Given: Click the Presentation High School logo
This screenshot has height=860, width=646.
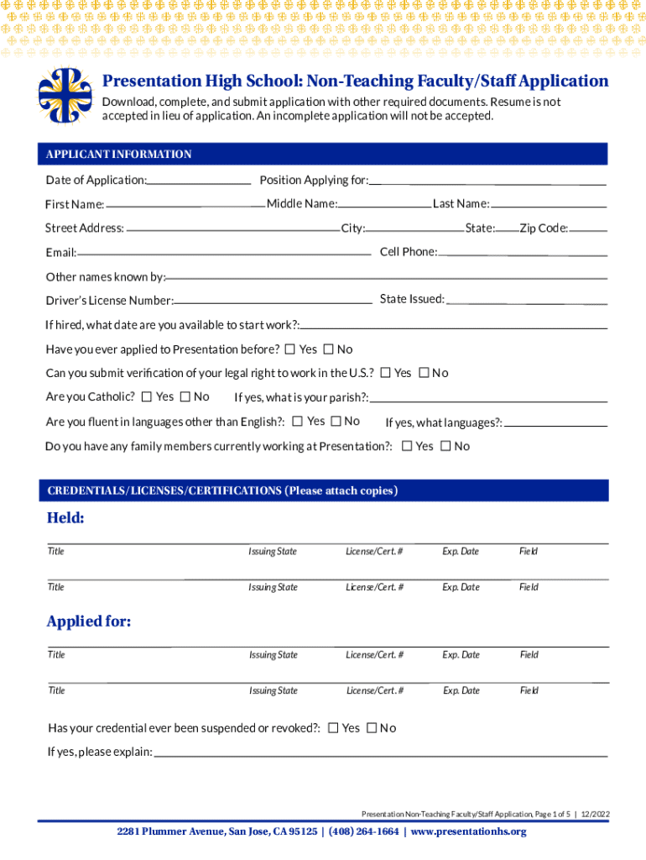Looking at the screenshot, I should (x=65, y=95).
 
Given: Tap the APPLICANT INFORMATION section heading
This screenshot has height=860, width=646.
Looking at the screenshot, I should (x=118, y=155).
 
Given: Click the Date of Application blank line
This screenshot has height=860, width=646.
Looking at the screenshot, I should (x=199, y=181).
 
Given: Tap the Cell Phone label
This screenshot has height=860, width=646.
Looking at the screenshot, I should (x=408, y=252).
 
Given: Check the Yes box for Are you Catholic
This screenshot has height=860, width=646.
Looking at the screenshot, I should (x=148, y=396).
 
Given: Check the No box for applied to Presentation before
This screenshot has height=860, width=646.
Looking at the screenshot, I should (x=329, y=349).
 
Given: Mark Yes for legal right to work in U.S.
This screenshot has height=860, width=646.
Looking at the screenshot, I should (x=385, y=373).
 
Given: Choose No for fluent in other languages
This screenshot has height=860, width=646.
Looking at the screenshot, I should (x=336, y=422).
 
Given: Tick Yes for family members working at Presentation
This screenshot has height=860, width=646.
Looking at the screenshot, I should (x=407, y=446).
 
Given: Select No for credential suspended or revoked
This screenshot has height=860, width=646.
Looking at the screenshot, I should (x=372, y=727).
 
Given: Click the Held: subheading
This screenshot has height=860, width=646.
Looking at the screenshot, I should (x=65, y=518).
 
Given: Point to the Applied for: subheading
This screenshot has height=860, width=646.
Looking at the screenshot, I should (x=89, y=621).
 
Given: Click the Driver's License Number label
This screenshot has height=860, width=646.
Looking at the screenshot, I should (x=110, y=301).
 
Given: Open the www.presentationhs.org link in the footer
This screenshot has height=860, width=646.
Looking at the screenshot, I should (x=468, y=831).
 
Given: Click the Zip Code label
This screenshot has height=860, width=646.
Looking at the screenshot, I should (x=544, y=228).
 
